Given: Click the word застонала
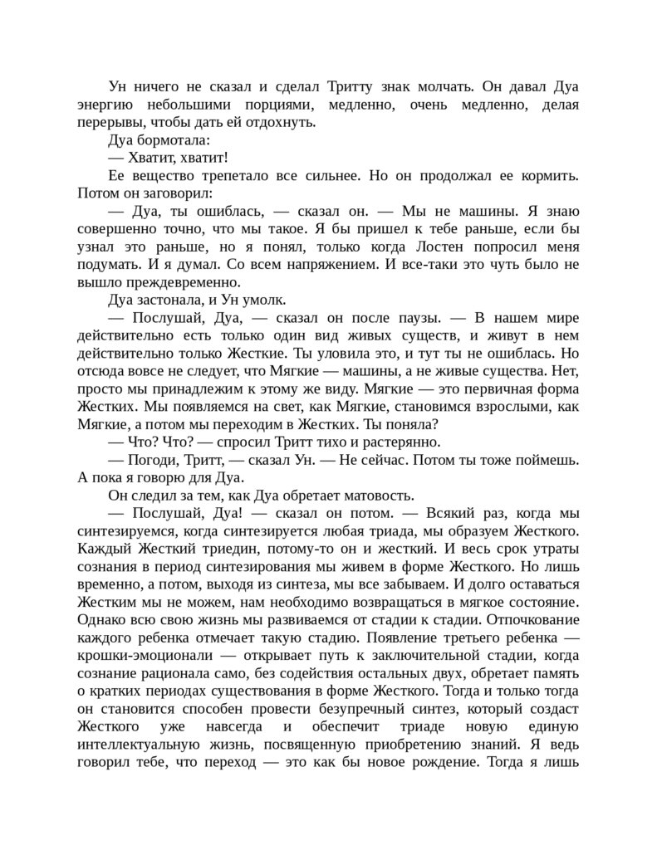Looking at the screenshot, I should [174, 300].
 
